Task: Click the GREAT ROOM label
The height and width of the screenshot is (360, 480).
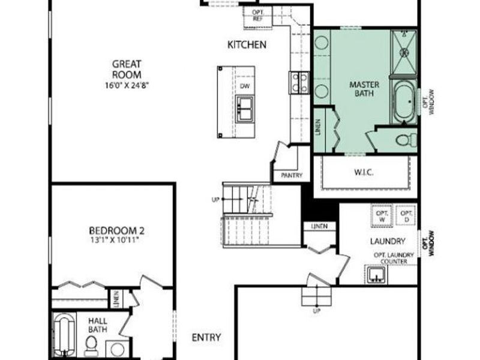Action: click(x=127, y=69)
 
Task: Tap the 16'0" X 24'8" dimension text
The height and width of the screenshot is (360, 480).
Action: click(x=127, y=85)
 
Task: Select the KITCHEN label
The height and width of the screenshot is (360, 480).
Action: click(x=247, y=45)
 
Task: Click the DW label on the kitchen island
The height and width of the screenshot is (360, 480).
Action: click(x=244, y=86)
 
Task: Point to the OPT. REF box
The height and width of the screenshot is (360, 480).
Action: click(x=258, y=16)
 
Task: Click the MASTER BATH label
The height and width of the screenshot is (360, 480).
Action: click(x=364, y=89)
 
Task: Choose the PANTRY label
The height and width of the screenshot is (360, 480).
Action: click(x=291, y=176)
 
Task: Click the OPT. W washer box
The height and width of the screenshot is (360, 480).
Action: click(x=382, y=215)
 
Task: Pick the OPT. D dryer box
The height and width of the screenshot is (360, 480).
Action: click(x=406, y=215)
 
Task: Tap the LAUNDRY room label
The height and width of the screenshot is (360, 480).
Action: click(x=386, y=241)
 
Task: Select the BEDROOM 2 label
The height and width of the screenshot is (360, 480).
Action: click(x=116, y=230)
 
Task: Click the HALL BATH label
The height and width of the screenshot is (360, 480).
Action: click(x=97, y=325)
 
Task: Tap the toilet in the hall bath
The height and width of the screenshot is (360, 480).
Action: click(x=91, y=344)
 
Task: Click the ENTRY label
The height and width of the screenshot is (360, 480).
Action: click(x=206, y=338)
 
